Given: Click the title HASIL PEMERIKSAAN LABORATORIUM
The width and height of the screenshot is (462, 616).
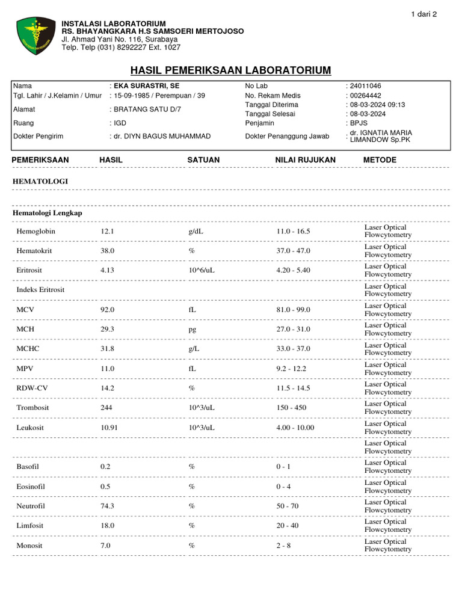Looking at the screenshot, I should (x=231, y=70).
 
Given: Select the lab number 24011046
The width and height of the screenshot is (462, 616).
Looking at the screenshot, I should (x=365, y=86).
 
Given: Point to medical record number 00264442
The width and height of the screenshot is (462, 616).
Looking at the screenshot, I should (x=365, y=96).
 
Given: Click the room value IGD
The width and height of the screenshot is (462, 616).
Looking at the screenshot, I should (x=120, y=123).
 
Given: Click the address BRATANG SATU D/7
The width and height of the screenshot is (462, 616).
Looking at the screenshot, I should (x=147, y=109).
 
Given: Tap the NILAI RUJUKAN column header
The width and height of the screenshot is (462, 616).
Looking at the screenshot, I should (x=305, y=160).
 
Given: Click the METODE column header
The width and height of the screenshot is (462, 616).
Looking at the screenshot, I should (x=380, y=160).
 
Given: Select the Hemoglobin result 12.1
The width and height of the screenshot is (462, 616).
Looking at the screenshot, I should (x=107, y=231).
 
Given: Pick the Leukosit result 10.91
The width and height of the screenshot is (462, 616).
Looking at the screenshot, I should (x=109, y=428).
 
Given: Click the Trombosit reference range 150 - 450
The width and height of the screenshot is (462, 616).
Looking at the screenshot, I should (x=291, y=408).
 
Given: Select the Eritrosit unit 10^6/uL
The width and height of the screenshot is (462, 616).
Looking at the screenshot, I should (x=202, y=270).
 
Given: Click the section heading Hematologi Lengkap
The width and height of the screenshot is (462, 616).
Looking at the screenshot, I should (x=48, y=213).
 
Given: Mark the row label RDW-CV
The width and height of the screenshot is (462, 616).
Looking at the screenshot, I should (x=32, y=388).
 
